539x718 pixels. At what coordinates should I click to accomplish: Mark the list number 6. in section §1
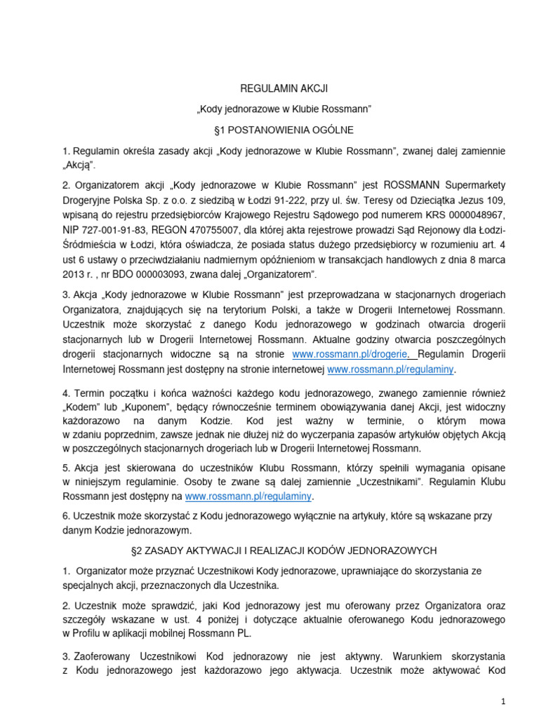(67, 516)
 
